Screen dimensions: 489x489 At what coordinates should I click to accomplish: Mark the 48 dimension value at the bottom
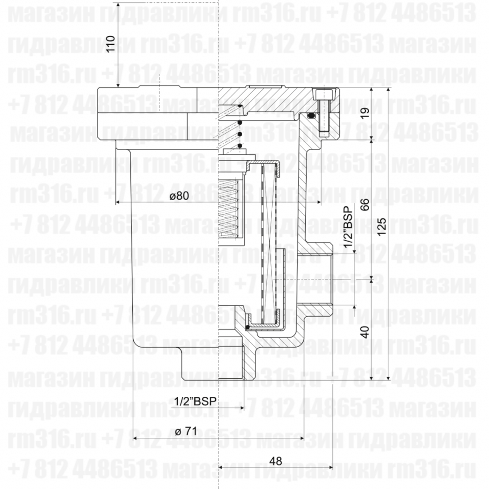click(276, 461)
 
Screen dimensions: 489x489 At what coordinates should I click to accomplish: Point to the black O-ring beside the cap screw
click(311, 116)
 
